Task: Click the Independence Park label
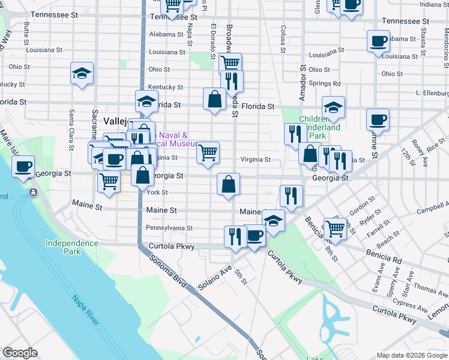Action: pyautogui.click(x=71, y=247)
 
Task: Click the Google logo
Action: pyautogui.click(x=20, y=352)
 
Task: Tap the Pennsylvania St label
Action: pyautogui.click(x=169, y=228)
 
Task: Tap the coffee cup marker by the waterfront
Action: pyautogui.click(x=23, y=166)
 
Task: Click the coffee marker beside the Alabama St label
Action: pyautogui.click(x=378, y=41)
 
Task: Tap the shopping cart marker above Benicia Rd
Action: pyautogui.click(x=335, y=228)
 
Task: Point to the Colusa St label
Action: pyautogui.click(x=282, y=37)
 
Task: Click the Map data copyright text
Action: pyautogui.click(x=411, y=355)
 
